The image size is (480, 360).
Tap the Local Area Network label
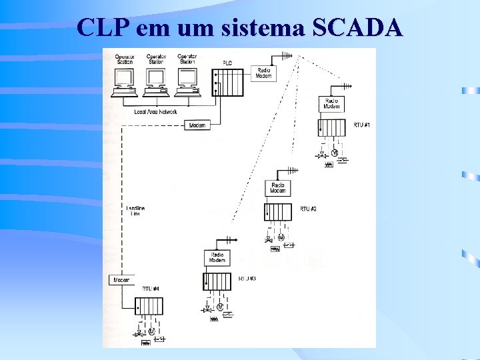[156, 112]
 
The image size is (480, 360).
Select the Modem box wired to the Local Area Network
[197, 125]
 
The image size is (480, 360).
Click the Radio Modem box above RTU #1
[331, 104]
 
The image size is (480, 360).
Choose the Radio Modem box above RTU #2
[278, 188]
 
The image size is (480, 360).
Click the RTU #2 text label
[308, 209]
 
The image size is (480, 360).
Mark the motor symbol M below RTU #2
[281, 237]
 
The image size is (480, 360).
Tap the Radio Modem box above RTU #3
[217, 258]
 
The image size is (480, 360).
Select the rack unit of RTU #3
[217, 281]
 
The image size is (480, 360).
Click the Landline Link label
[135, 211]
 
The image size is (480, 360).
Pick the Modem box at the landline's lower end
[121, 280]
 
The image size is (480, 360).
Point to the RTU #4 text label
[151, 289]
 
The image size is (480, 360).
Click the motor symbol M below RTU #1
[335, 153]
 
